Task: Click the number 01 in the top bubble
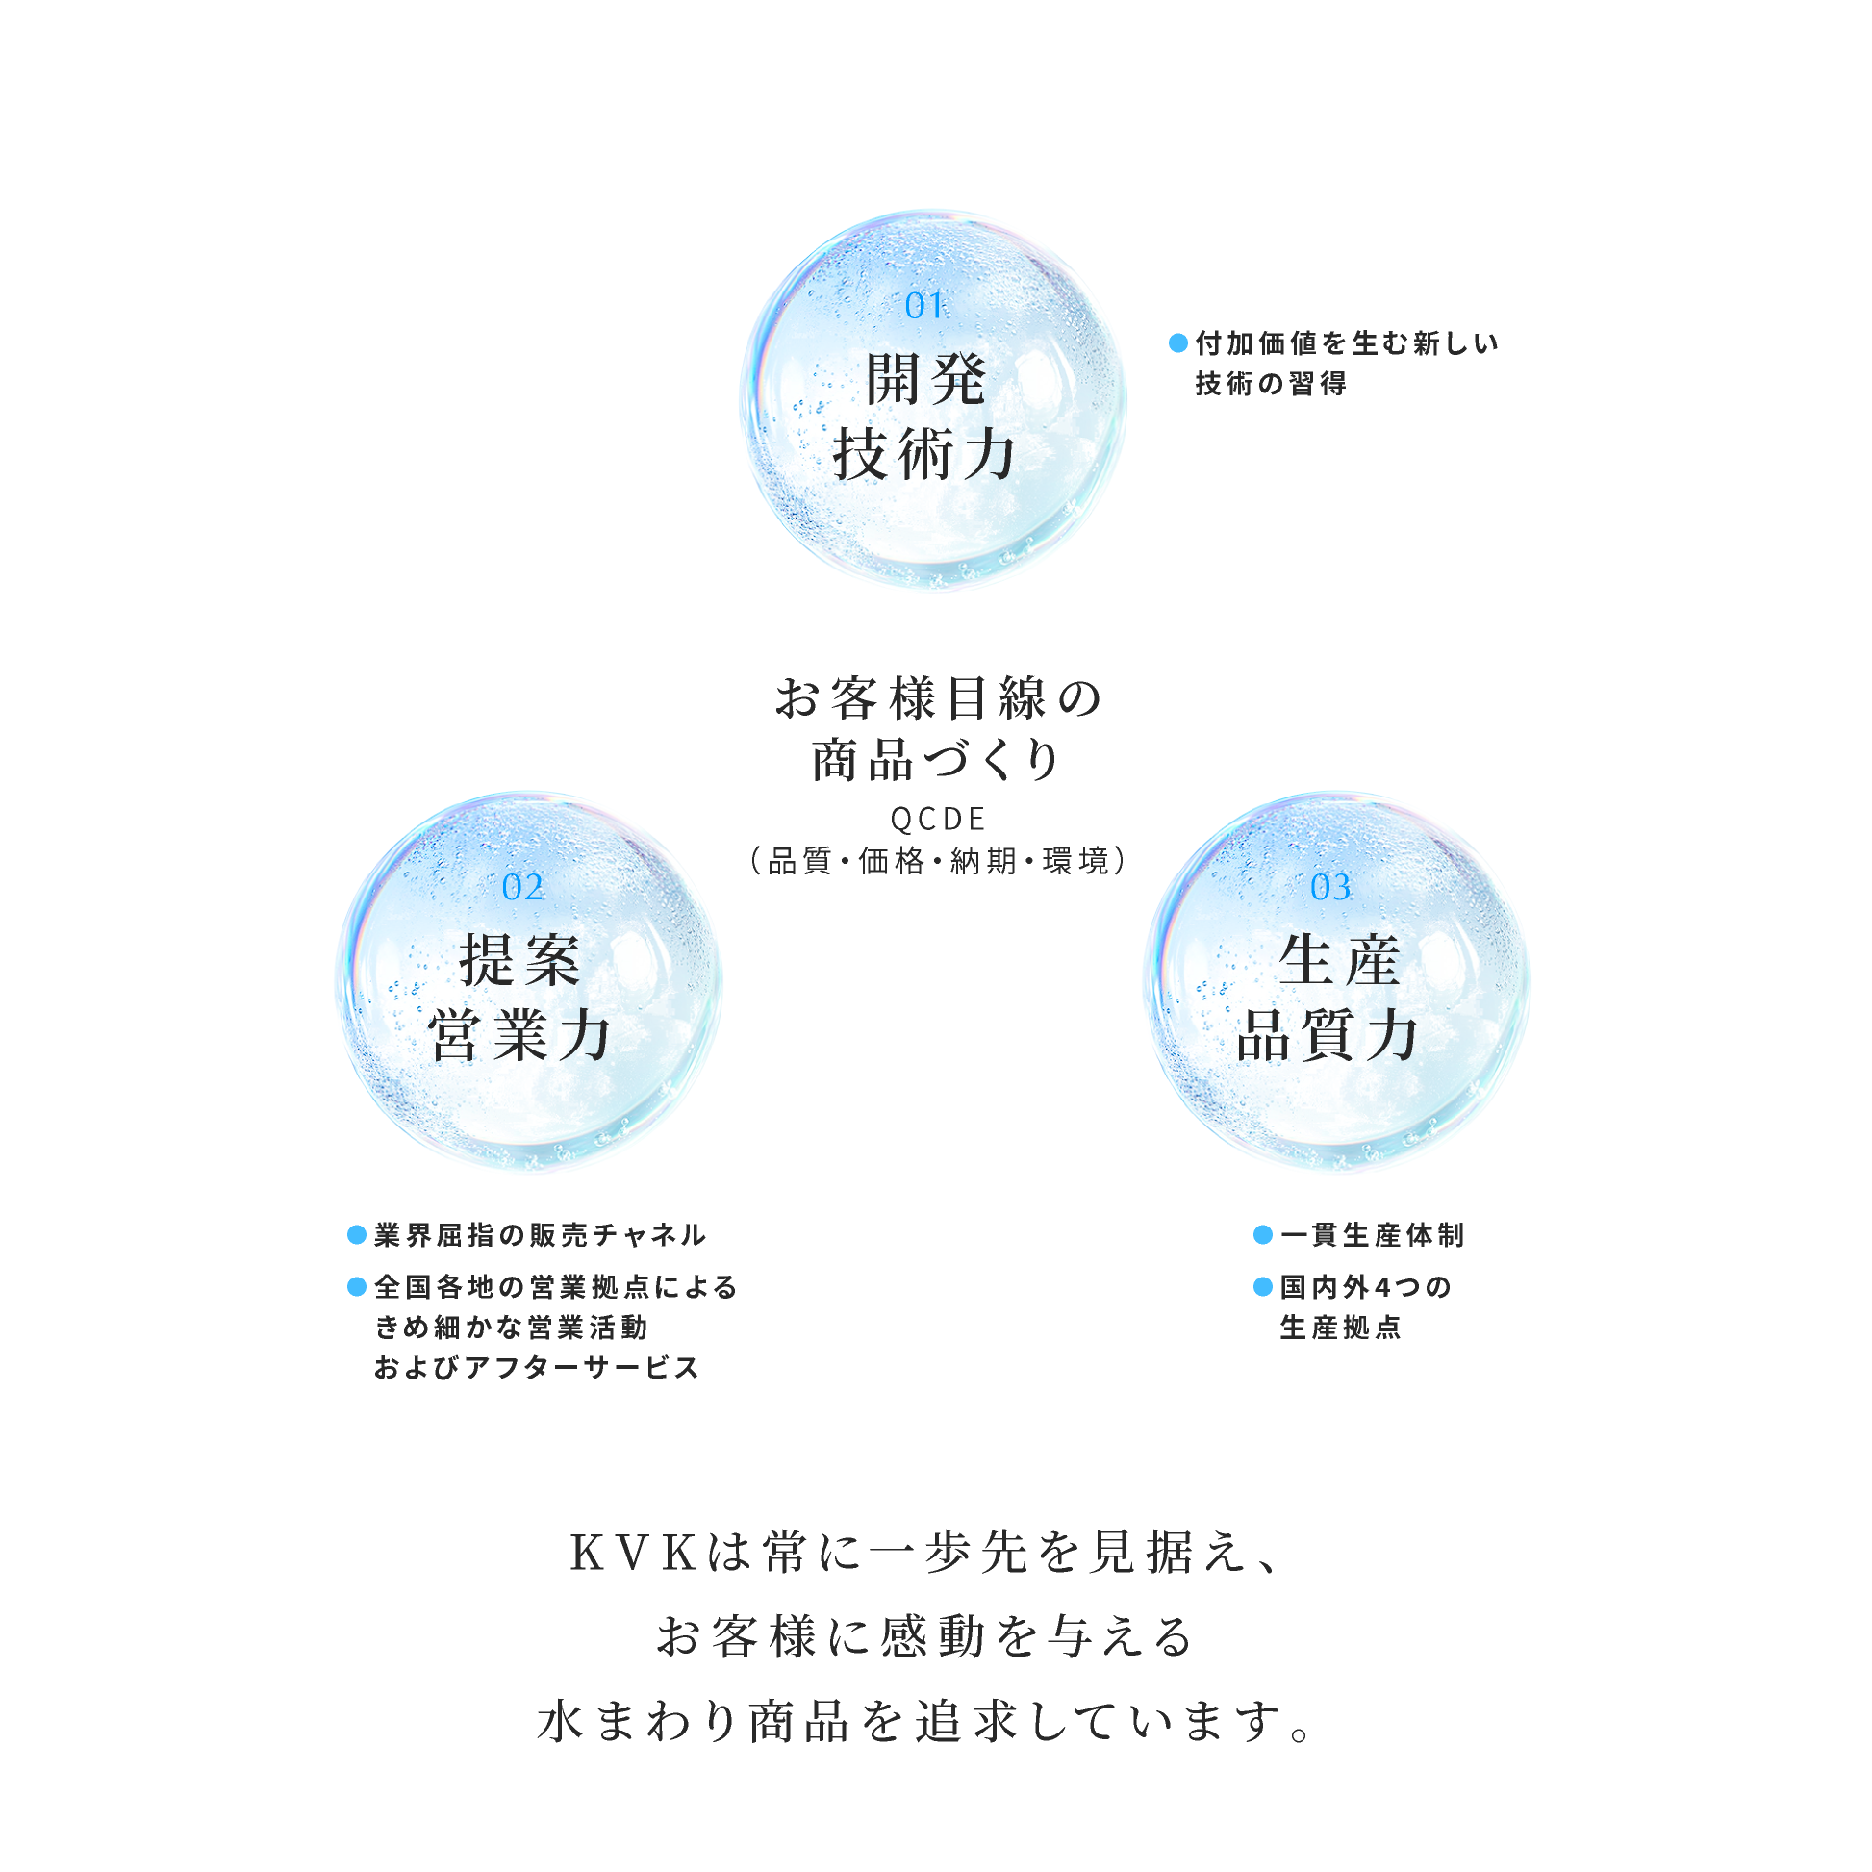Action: coord(923,306)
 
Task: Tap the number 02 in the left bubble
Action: coord(522,888)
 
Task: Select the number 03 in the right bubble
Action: coord(1330,888)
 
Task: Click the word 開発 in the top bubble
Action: coord(925,379)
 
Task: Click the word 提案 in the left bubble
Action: coord(520,961)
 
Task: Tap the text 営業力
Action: coord(520,1036)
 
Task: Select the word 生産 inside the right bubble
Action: coord(1339,961)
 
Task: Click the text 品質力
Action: coord(1328,1036)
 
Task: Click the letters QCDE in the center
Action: coord(938,820)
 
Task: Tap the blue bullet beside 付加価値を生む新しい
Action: coord(1178,343)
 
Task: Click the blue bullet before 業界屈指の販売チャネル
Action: coord(357,1234)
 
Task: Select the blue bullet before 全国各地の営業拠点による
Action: coord(357,1287)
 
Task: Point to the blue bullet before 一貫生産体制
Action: coord(1262,1234)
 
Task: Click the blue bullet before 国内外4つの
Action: coord(1262,1287)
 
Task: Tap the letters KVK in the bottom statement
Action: coord(634,1554)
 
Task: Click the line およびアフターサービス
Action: coord(537,1367)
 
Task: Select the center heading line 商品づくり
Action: coord(936,760)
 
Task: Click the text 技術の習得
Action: coord(1270,384)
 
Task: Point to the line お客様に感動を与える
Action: coord(925,1636)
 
